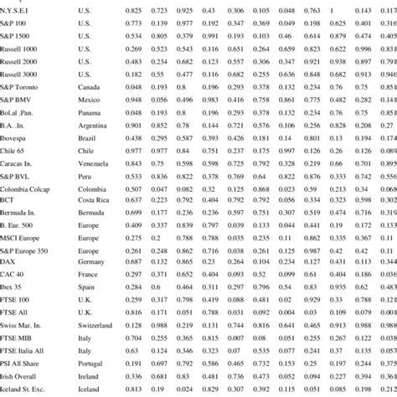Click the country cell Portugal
pos(90,361)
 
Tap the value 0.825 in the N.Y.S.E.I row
pos(132,11)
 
